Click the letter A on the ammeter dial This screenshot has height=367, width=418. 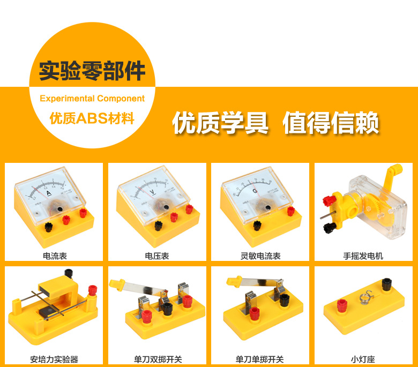[49, 193]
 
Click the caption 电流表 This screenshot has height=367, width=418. [55, 256]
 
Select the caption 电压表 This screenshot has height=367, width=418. [157, 256]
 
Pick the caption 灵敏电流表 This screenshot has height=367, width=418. [260, 256]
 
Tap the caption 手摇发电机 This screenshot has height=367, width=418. [363, 256]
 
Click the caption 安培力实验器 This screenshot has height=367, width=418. [55, 359]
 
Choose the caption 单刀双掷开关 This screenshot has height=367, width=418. [157, 359]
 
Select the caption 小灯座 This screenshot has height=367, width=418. [363, 359]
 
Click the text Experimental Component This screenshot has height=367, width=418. [92, 99]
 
